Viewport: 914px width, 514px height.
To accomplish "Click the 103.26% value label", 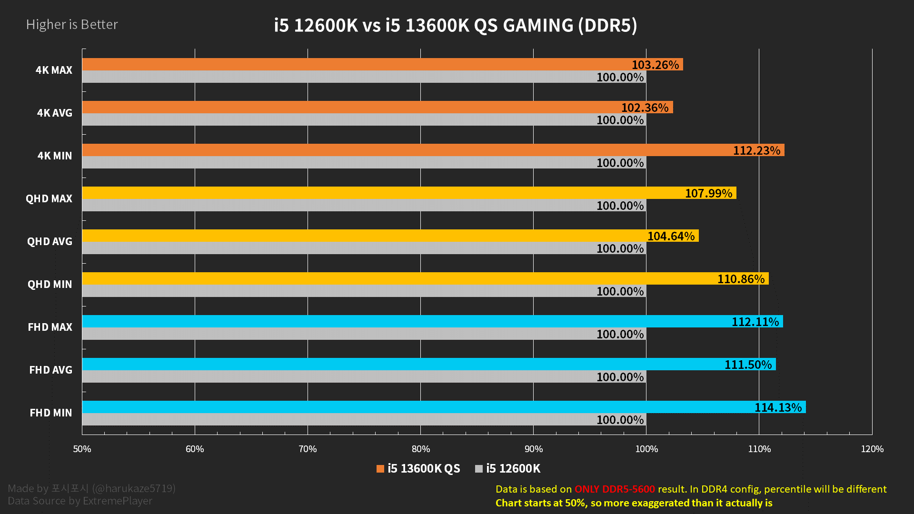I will pyautogui.click(x=655, y=65).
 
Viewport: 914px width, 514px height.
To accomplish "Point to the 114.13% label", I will pyautogui.click(x=778, y=407).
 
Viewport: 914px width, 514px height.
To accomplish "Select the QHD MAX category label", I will pyautogui.click(x=49, y=198).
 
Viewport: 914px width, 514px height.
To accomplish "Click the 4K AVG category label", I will pyautogui.click(x=55, y=113).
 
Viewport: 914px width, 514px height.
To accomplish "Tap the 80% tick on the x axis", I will pyautogui.click(x=421, y=449).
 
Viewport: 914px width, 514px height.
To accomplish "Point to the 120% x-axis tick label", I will pyautogui.click(x=872, y=449).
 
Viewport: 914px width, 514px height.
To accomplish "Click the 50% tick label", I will pyautogui.click(x=82, y=449).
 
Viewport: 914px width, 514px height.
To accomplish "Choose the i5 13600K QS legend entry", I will pyautogui.click(x=418, y=469).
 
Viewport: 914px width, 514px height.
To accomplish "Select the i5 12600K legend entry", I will pyautogui.click(x=508, y=469).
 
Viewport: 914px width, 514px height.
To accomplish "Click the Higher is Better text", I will pyautogui.click(x=72, y=24).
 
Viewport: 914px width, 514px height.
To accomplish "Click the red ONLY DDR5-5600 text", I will pyautogui.click(x=615, y=489).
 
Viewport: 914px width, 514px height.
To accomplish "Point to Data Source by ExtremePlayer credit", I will pyautogui.click(x=80, y=501).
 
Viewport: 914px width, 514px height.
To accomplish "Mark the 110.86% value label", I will pyautogui.click(x=741, y=279).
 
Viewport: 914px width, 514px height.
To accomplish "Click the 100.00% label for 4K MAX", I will pyautogui.click(x=620, y=77).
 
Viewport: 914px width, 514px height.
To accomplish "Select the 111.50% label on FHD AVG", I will pyautogui.click(x=748, y=365).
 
